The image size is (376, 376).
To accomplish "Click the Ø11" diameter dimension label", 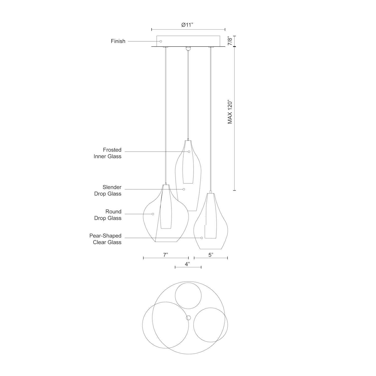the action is pos(188,25).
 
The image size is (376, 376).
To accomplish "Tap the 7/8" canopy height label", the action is pos(230,41).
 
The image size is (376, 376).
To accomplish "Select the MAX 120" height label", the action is pos(230,112).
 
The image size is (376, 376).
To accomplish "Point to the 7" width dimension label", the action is pos(165,255).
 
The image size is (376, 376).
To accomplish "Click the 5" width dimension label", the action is pos(211,255).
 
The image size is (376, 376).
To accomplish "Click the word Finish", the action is pos(118,41).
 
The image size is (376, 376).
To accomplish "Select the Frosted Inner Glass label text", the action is pos(108,153).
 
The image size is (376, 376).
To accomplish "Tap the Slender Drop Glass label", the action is pos(108,191).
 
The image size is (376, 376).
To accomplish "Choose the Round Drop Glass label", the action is pos(108,215).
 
